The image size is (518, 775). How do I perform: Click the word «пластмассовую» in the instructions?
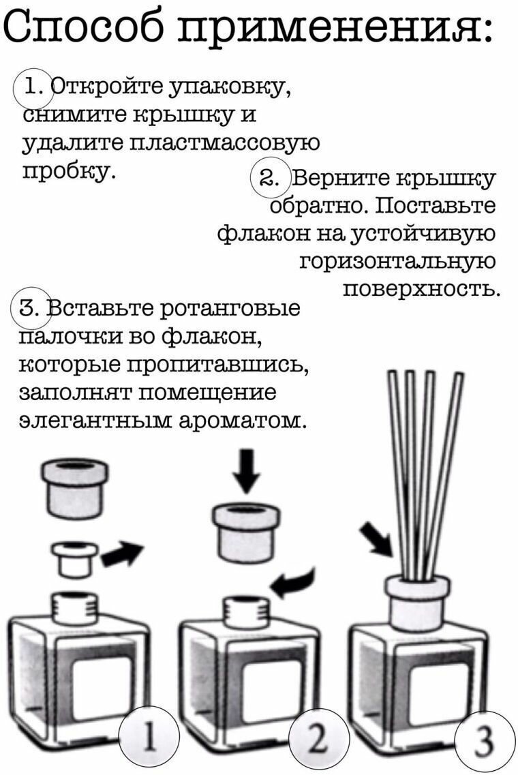click(224, 143)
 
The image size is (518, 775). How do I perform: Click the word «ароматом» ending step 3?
click(240, 421)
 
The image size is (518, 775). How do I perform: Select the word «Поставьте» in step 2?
click(435, 205)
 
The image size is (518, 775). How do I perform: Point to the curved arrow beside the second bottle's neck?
click(294, 583)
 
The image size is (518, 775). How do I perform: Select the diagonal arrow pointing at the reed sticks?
click(377, 539)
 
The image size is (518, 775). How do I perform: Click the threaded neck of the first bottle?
click(76, 609)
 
